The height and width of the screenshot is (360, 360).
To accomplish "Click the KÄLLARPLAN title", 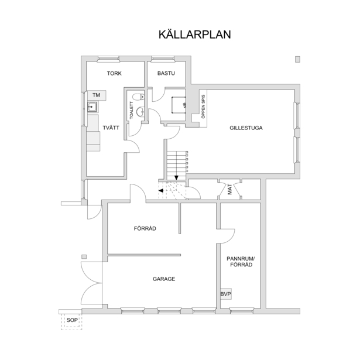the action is click(x=195, y=35).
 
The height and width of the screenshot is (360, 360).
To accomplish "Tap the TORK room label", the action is click(x=114, y=74).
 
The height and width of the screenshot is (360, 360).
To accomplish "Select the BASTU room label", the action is click(x=166, y=73).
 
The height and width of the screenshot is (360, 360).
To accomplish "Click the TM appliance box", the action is click(x=97, y=95).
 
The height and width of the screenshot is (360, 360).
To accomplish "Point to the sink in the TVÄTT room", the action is click(x=92, y=107).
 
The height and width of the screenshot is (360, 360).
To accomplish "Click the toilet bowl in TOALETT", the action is click(x=138, y=97).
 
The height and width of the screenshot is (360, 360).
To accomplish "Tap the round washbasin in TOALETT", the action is click(x=140, y=112).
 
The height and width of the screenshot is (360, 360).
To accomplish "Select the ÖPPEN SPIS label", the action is click(x=203, y=107).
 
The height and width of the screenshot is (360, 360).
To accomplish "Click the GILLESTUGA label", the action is click(x=246, y=128).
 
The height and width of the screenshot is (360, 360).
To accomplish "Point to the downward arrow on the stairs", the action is click(x=176, y=177).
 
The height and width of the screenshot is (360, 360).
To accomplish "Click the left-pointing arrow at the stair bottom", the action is click(x=161, y=191).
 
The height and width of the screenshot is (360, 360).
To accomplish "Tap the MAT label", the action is click(x=230, y=190).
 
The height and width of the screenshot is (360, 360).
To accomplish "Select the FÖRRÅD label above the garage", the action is click(x=145, y=228).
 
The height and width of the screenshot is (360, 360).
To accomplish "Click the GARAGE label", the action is click(x=164, y=279).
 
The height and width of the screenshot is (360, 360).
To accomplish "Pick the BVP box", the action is click(x=226, y=294).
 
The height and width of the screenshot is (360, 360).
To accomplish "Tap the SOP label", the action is click(x=72, y=320).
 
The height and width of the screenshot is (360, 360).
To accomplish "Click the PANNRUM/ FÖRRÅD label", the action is click(x=241, y=262).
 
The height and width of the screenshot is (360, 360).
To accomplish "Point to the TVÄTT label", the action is click(x=111, y=128).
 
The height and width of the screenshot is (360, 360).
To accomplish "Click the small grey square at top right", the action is click(x=297, y=60).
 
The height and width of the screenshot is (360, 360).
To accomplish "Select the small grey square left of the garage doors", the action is click(x=84, y=257).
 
